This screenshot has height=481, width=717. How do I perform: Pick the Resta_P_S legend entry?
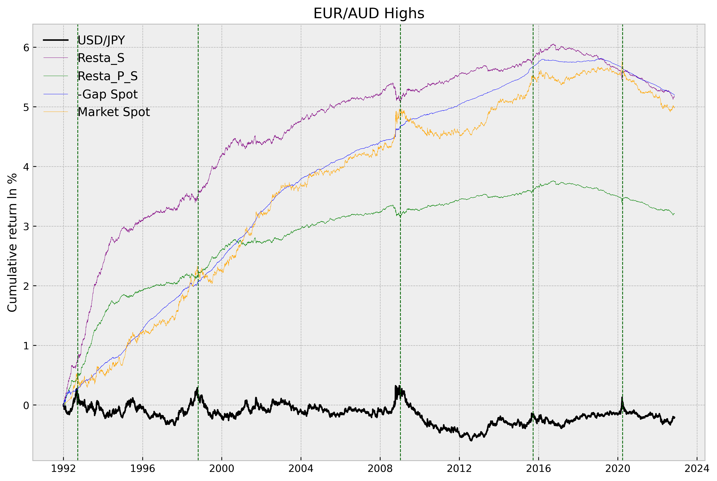(107, 76)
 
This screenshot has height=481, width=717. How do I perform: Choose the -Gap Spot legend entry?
(107, 94)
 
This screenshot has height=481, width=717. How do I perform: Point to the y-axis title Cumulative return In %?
(12, 242)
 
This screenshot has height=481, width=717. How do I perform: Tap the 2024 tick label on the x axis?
(697, 468)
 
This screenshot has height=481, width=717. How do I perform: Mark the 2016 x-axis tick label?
(538, 468)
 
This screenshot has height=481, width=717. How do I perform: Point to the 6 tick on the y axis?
(26, 48)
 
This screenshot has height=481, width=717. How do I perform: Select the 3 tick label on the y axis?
(26, 226)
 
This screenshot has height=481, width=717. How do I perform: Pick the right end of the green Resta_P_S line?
(674, 214)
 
